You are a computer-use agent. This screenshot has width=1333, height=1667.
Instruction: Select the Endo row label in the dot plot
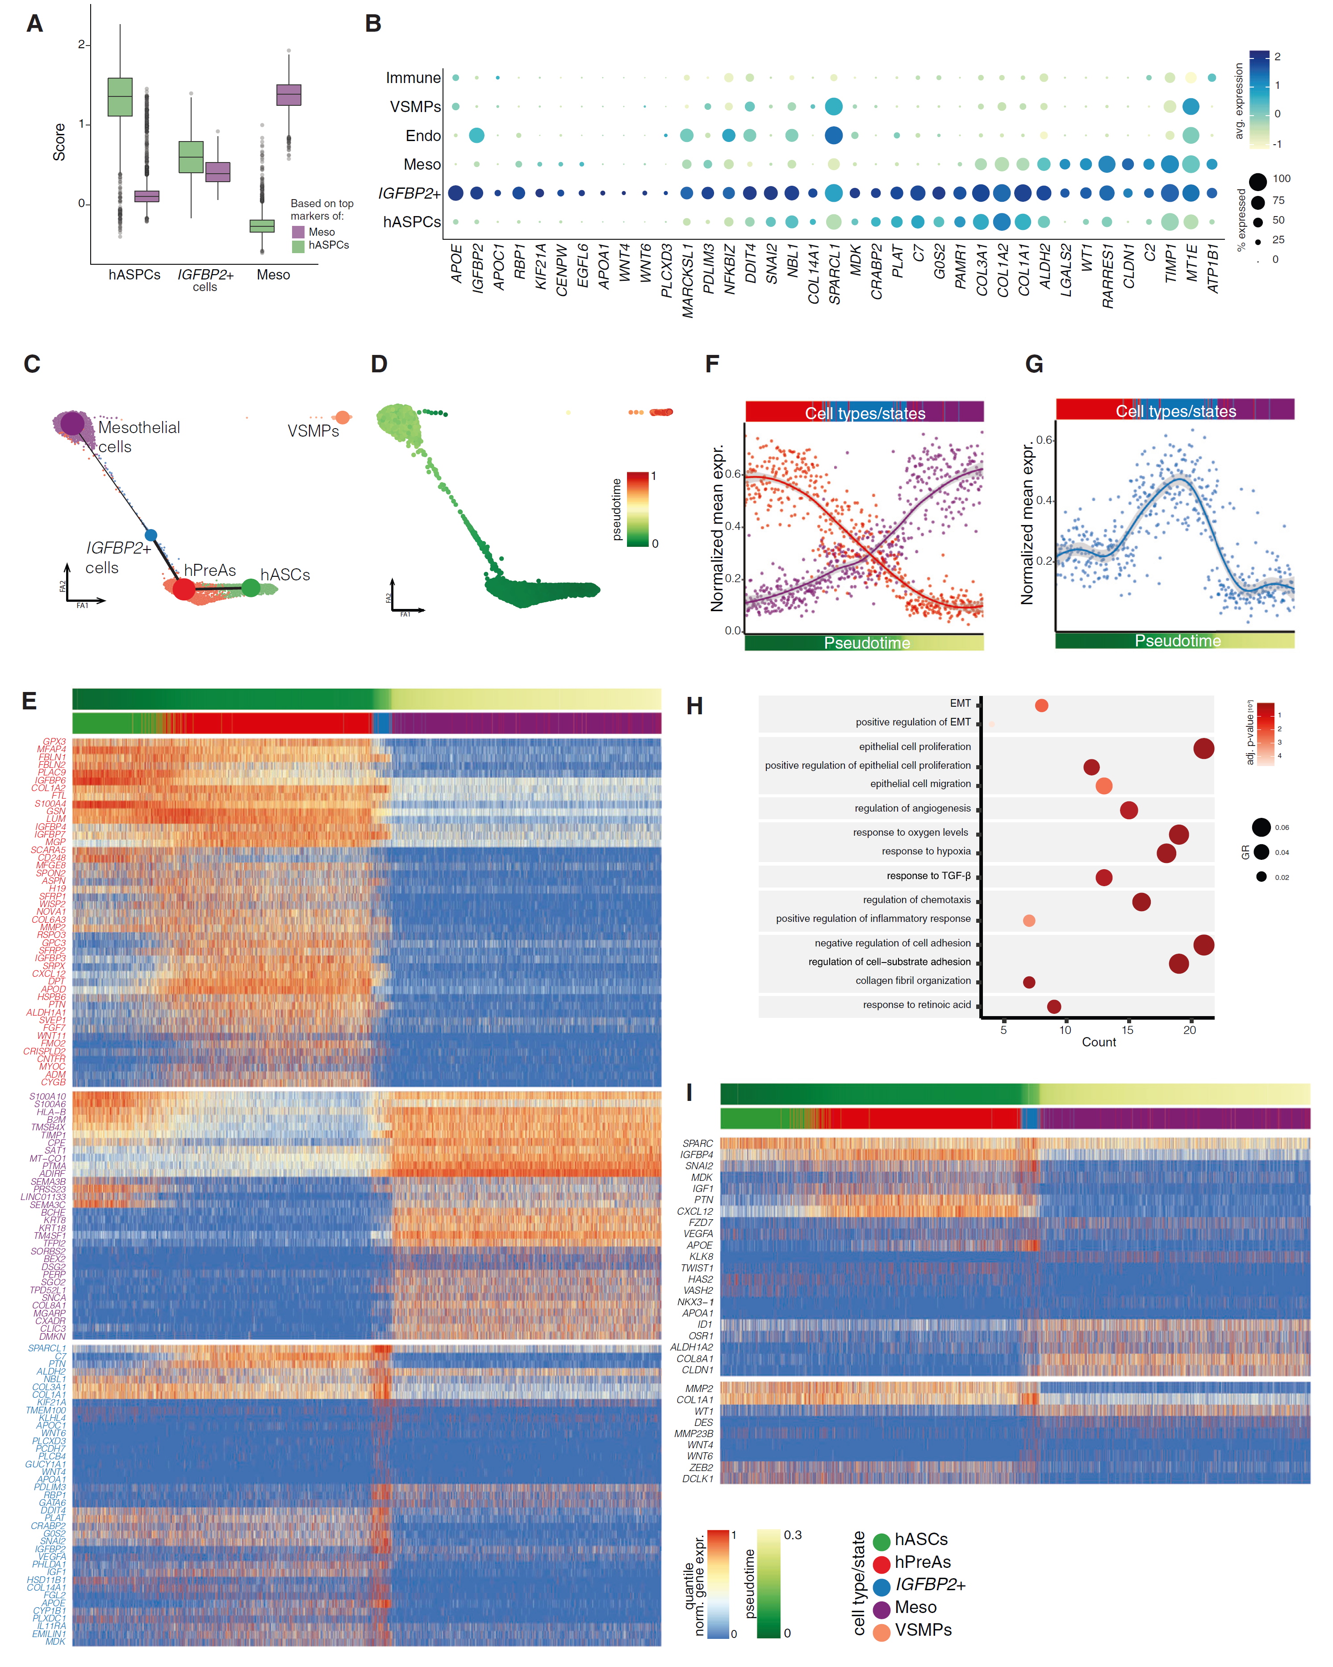coord(423,136)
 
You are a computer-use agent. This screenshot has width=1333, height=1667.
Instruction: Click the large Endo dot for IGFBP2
coord(476,135)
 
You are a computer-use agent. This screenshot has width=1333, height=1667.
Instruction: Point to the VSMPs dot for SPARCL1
coord(833,107)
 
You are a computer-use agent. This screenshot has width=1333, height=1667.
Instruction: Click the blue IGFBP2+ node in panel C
coord(151,535)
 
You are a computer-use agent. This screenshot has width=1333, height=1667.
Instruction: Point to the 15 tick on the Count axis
coord(1127,1030)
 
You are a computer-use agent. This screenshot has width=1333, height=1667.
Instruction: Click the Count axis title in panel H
coord(1098,1042)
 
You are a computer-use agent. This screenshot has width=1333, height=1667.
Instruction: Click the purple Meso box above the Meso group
coord(288,95)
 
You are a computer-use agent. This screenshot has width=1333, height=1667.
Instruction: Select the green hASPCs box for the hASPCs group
coord(120,96)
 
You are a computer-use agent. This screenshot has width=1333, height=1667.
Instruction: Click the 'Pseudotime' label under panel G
coord(1177,641)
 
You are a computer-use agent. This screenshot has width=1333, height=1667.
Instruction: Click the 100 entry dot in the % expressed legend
coord(1258,182)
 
